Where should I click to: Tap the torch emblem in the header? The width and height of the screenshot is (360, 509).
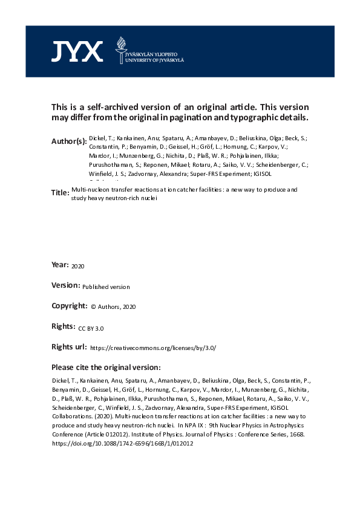pos(120,48)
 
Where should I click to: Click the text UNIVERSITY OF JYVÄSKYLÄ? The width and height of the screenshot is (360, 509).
pos(154,60)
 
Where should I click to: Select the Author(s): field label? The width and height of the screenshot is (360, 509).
pos(69,141)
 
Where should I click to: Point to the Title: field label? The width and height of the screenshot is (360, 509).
pos(60,192)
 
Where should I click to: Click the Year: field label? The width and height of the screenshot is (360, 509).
pos(60,265)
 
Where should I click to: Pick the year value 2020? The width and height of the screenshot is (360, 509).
pos(79,266)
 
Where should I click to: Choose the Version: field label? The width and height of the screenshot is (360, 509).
pos(66,286)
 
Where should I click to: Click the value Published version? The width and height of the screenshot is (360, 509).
pos(106,287)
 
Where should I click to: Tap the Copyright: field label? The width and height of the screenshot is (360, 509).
pos(70,306)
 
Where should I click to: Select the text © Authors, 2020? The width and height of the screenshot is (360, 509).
pos(114,307)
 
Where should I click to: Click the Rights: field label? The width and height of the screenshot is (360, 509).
pos(64,326)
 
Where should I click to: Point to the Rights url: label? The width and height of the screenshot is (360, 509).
pos(69,347)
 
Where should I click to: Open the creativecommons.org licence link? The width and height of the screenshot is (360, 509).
pos(152,348)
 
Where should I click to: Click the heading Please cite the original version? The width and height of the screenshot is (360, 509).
pos(106,367)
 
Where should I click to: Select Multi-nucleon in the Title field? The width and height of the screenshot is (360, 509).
pos(86,190)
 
